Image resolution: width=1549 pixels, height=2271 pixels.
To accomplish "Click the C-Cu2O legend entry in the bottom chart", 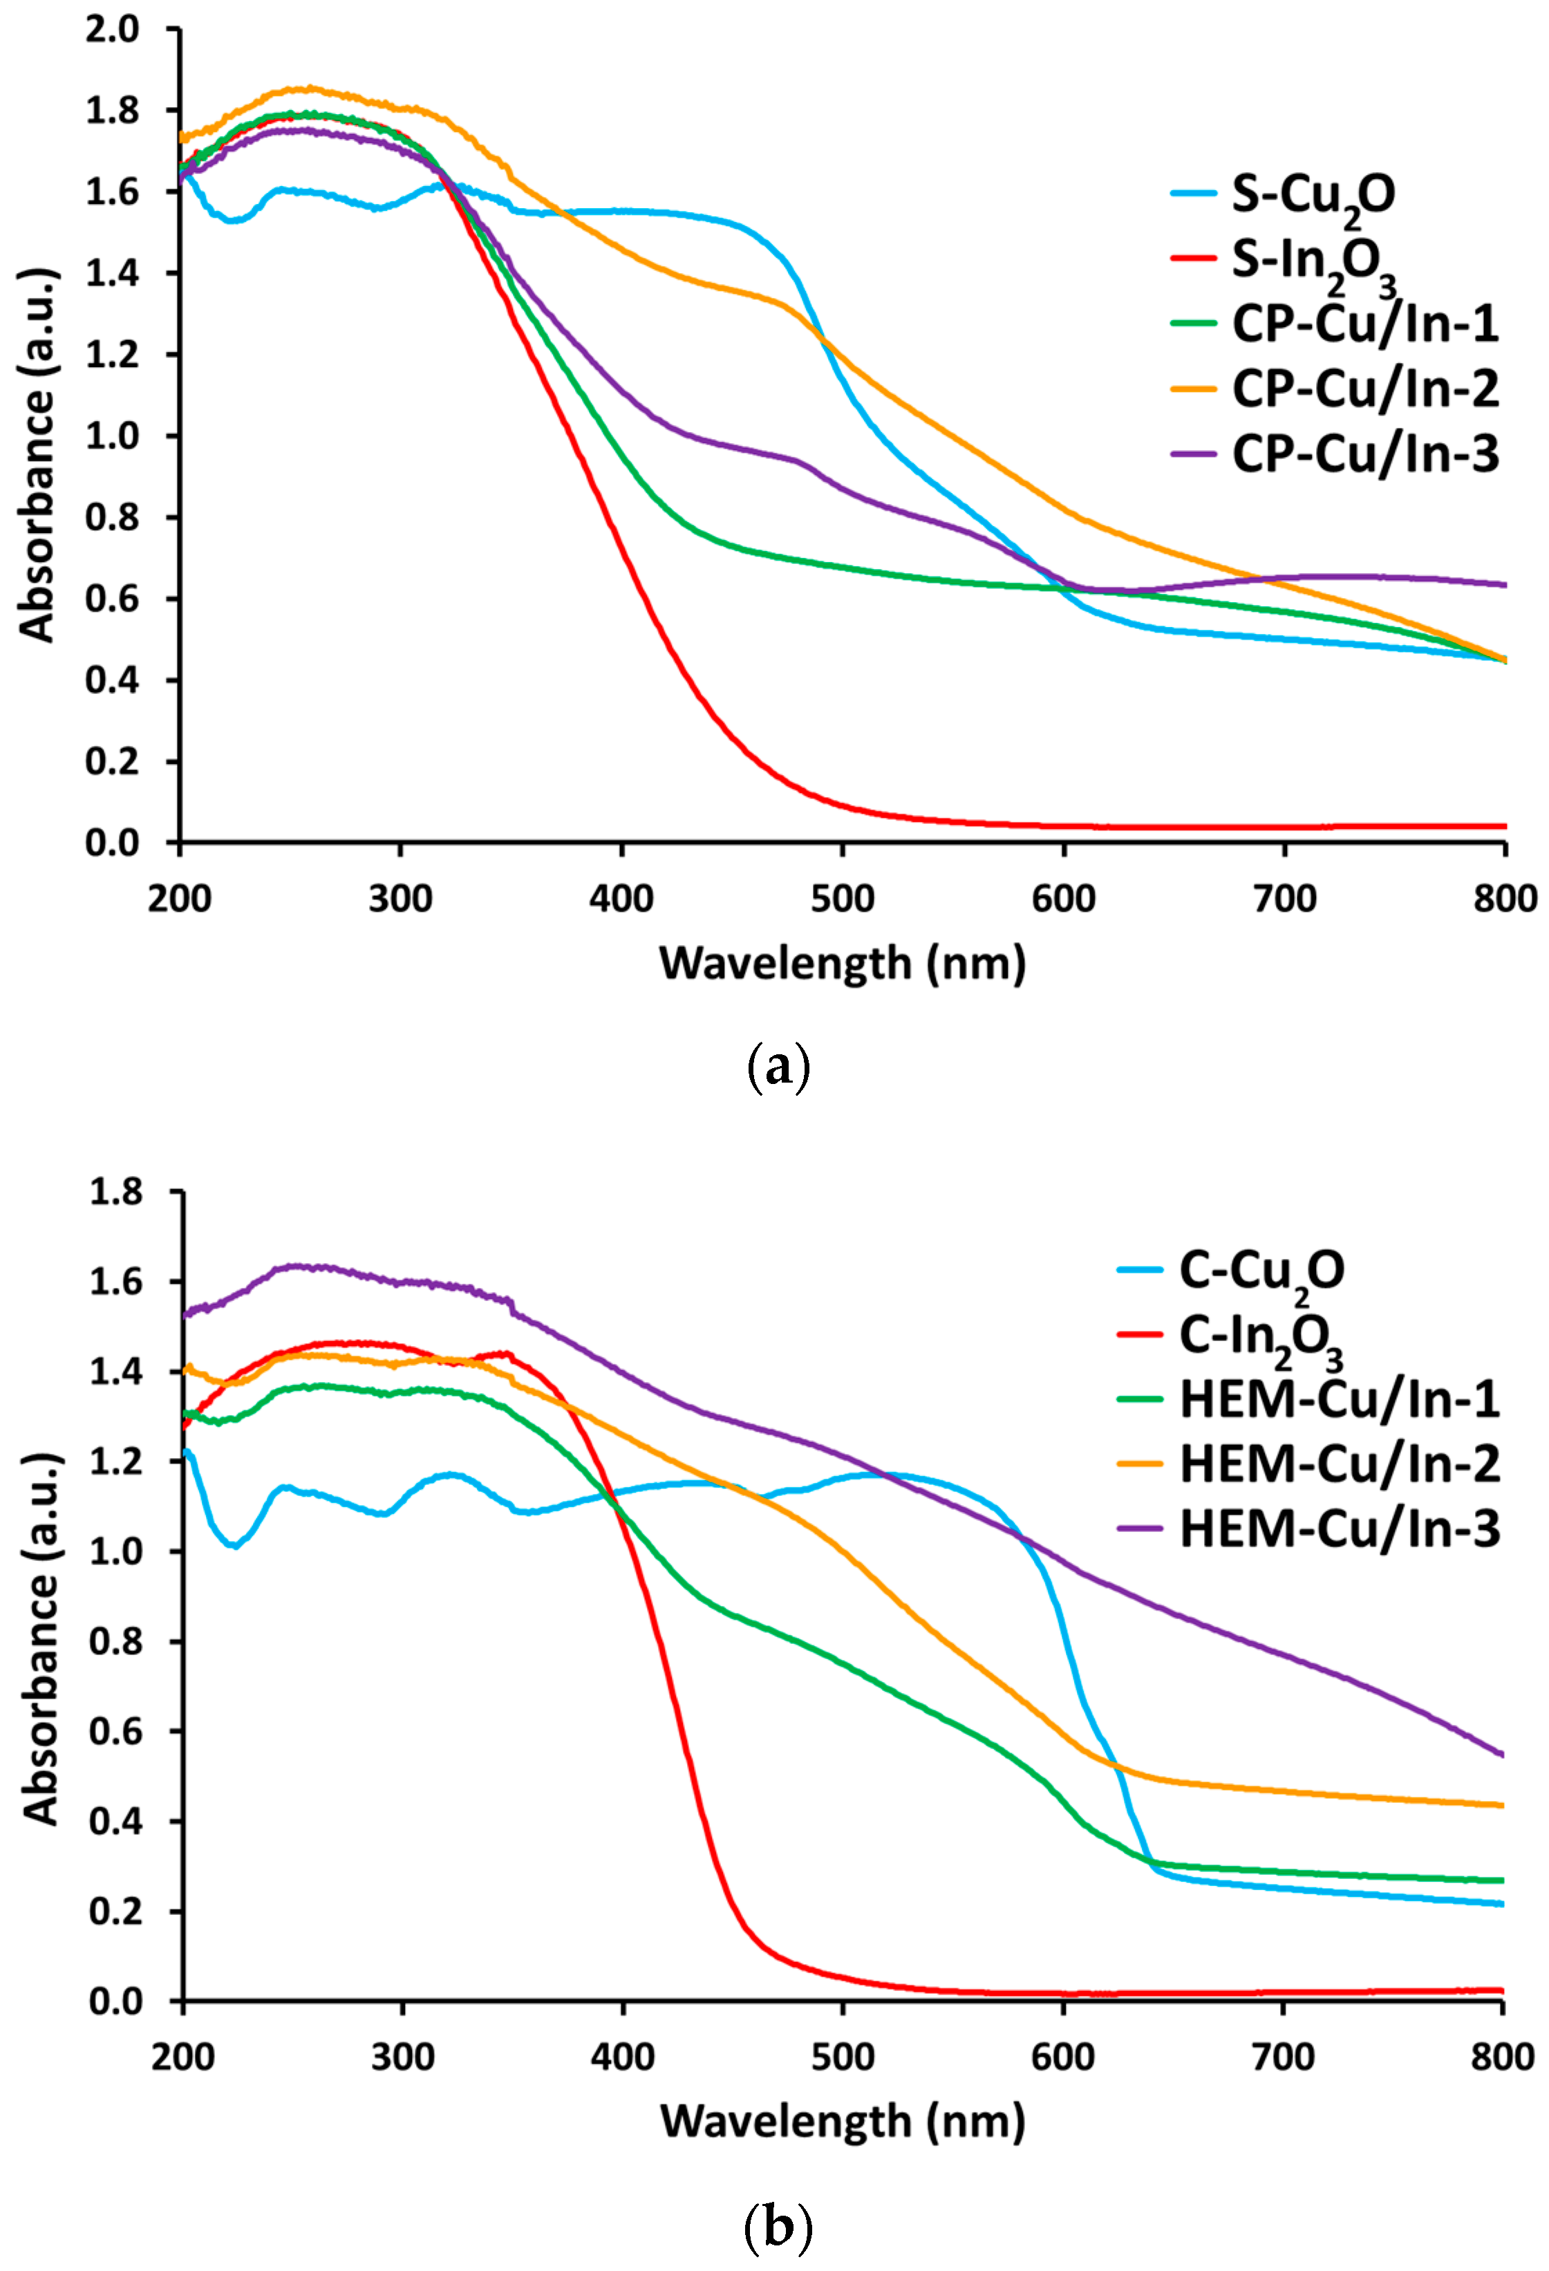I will click(x=1261, y=1271).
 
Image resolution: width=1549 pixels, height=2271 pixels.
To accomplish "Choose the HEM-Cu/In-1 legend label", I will click(x=1339, y=1399).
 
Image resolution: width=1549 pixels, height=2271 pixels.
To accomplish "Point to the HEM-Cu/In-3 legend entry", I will click(x=1339, y=1529).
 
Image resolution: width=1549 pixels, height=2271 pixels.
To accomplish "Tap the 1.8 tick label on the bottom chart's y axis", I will click(x=115, y=1192).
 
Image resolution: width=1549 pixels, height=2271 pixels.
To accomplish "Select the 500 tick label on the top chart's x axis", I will click(x=843, y=898).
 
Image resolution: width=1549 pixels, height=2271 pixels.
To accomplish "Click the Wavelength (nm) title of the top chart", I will click(x=843, y=964).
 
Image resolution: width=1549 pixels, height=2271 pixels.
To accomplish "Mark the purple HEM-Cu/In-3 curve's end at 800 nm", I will click(x=1501, y=1754).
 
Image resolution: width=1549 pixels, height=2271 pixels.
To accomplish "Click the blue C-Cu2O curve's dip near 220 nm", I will click(x=234, y=1546).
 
